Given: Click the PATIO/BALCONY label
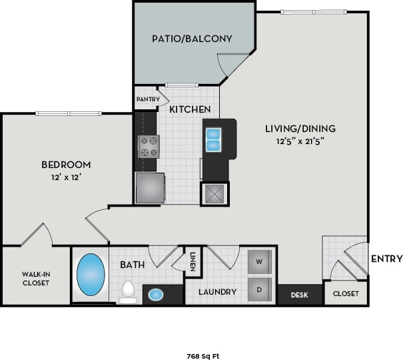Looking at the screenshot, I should point(191,39).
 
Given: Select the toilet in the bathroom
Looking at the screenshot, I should point(129,291).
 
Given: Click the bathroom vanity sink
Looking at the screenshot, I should point(155,294).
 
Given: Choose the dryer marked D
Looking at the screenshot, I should point(259,290).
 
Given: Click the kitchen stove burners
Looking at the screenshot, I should point(149,146).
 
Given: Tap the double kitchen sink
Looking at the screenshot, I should point(213,139).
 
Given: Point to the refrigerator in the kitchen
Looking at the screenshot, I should point(150,187).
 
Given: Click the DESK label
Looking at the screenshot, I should point(300,294).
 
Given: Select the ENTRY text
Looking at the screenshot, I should point(386,259).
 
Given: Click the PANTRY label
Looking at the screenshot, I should point(147,99).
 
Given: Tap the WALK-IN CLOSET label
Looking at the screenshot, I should point(35,277).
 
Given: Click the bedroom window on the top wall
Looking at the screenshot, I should point(69,113).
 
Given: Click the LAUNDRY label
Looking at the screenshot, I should point(217,292).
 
